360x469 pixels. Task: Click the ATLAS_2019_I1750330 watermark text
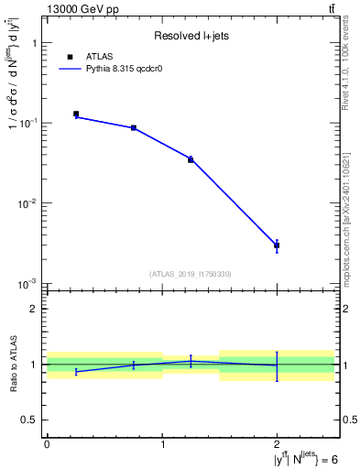pyautogui.click(x=190, y=274)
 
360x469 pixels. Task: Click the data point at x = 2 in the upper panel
pyautogui.click(x=277, y=245)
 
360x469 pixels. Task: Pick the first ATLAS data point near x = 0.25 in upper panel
pyautogui.click(x=76, y=115)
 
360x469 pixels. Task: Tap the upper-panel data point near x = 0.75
pyautogui.click(x=134, y=128)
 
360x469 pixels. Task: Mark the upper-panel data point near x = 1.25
pyautogui.click(x=191, y=159)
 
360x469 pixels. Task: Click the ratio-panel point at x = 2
pyautogui.click(x=277, y=365)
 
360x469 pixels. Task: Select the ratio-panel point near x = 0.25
pyautogui.click(x=76, y=372)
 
